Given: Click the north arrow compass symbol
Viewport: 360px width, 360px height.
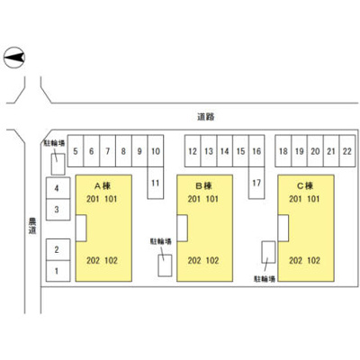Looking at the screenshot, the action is (x=14, y=58).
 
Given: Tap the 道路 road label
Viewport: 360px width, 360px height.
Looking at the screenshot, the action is (x=206, y=117).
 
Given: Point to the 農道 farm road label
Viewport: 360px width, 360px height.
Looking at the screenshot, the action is (x=31, y=226).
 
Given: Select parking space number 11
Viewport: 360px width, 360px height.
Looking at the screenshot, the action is (x=156, y=183).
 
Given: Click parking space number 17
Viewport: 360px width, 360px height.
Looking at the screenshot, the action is (x=256, y=183).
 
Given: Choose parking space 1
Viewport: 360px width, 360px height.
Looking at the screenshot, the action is (x=58, y=271).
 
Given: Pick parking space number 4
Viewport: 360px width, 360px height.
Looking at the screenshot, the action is (x=58, y=188).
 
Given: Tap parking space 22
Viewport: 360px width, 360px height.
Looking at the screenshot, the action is (x=347, y=151).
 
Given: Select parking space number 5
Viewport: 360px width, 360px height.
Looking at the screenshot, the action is (x=76, y=151).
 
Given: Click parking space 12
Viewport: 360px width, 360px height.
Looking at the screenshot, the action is (x=193, y=151).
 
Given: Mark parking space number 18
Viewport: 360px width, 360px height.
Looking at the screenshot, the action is (x=283, y=151).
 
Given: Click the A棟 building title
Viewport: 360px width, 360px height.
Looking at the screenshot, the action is (x=103, y=186).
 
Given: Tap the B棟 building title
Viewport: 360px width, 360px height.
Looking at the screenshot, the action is (x=203, y=186).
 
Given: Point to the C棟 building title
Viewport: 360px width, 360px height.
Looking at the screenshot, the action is (x=305, y=186).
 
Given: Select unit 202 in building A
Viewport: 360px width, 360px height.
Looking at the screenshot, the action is (x=93, y=260).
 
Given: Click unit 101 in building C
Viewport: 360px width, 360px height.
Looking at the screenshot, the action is (x=313, y=199).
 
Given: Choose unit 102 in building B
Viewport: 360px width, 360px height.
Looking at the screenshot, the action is (x=212, y=260).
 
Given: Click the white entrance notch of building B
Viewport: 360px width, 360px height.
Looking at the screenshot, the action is (x=182, y=228).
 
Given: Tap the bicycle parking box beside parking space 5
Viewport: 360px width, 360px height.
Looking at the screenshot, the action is (x=58, y=164).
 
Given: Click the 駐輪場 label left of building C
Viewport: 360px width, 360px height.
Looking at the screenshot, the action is (x=265, y=279).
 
